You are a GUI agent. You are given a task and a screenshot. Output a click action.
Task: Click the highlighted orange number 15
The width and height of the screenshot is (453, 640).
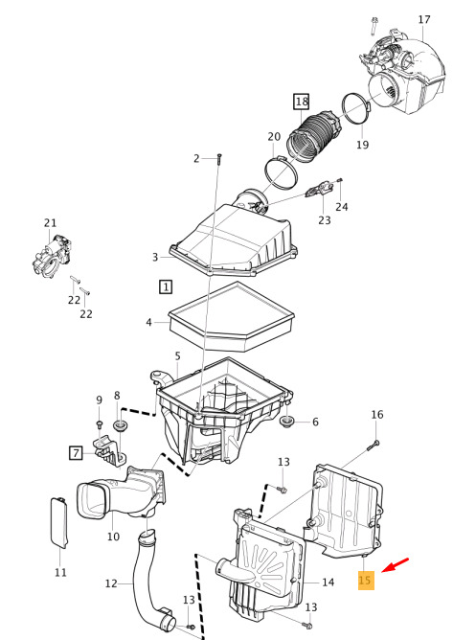tap(366, 580)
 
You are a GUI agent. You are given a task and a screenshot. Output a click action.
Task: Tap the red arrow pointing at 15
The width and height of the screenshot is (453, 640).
tap(395, 565)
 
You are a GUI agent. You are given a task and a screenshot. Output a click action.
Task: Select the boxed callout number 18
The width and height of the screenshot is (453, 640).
tap(302, 102)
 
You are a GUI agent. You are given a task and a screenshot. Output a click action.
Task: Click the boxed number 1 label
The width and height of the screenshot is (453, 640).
tap(166, 286)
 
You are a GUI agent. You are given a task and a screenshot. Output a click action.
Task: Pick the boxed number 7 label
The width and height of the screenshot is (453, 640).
tap(76, 452)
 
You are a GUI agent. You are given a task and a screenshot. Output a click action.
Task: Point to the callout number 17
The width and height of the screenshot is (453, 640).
tap(424, 19)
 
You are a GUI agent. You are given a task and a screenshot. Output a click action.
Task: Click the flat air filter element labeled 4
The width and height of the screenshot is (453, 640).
tap(231, 316)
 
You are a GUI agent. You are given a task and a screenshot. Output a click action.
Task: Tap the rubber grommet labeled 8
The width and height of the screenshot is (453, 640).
tap(120, 424)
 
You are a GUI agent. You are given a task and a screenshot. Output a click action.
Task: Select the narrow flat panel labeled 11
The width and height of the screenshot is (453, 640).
tap(59, 522)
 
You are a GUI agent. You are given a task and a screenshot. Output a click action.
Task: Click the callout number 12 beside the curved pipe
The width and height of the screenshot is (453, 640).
tap(111, 583)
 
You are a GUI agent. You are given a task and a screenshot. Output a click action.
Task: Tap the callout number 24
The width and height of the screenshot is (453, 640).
tap(342, 207)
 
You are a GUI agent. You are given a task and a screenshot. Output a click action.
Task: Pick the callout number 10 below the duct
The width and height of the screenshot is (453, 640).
tap(113, 537)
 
